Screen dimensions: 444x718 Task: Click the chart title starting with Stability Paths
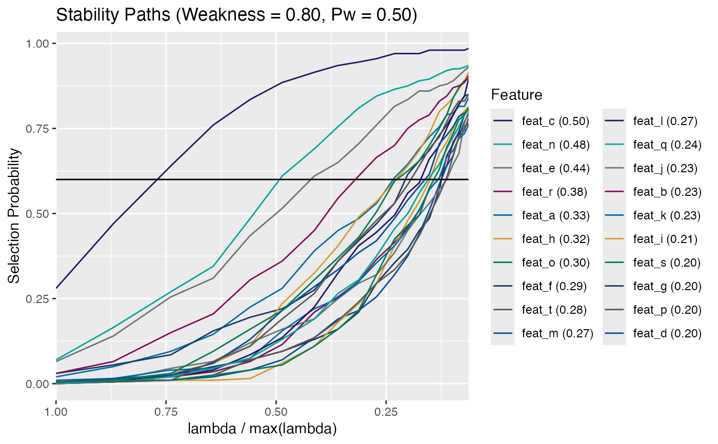pyautogui.click(x=236, y=15)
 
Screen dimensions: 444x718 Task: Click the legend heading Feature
pyautogui.click(x=516, y=95)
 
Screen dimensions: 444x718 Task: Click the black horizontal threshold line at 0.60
pyautogui.click(x=103, y=179)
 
